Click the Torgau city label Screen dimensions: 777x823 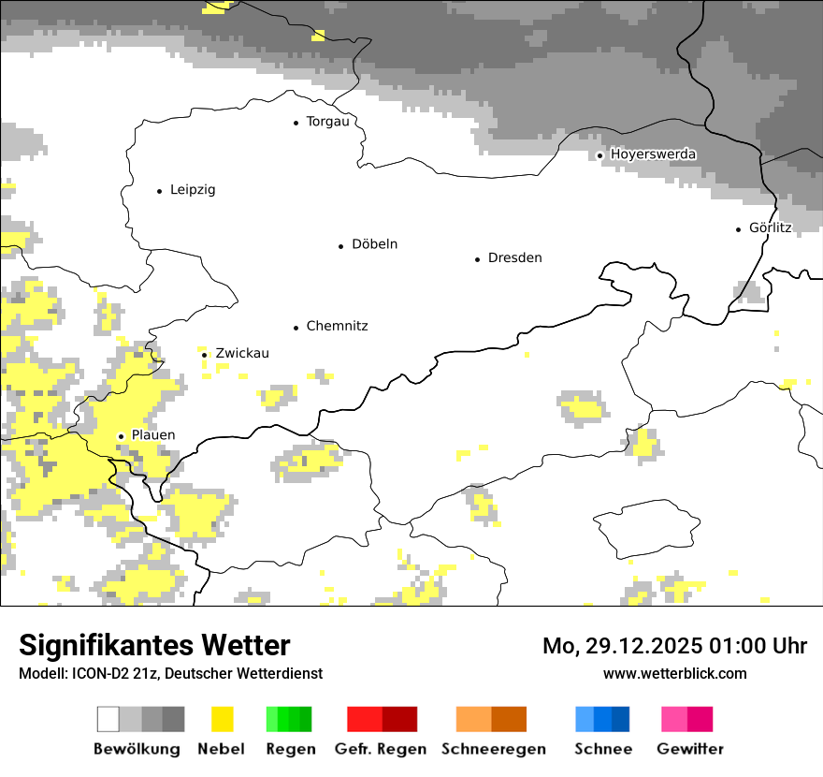[327, 122]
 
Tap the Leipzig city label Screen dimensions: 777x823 [193, 190]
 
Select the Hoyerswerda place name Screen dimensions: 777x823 [653, 154]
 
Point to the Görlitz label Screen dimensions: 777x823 [770, 228]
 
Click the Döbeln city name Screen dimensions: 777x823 [374, 244]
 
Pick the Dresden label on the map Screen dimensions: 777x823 [514, 258]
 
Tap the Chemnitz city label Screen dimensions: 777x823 [337, 327]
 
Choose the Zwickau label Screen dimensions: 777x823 [241, 354]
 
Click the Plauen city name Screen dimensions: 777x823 [152, 435]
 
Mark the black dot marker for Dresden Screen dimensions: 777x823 [477, 259]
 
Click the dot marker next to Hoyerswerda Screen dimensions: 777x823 [600, 155]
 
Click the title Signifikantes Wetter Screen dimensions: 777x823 [154, 646]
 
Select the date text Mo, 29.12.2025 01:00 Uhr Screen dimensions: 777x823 [674, 646]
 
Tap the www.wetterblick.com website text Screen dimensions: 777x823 [674, 674]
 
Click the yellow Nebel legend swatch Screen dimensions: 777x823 [223, 719]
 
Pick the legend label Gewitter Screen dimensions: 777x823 [689, 749]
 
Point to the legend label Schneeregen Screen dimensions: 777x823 [493, 749]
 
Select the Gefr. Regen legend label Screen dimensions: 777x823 [381, 749]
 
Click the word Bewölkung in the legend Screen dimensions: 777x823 [137, 749]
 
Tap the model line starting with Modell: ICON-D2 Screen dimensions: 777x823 [170, 674]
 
